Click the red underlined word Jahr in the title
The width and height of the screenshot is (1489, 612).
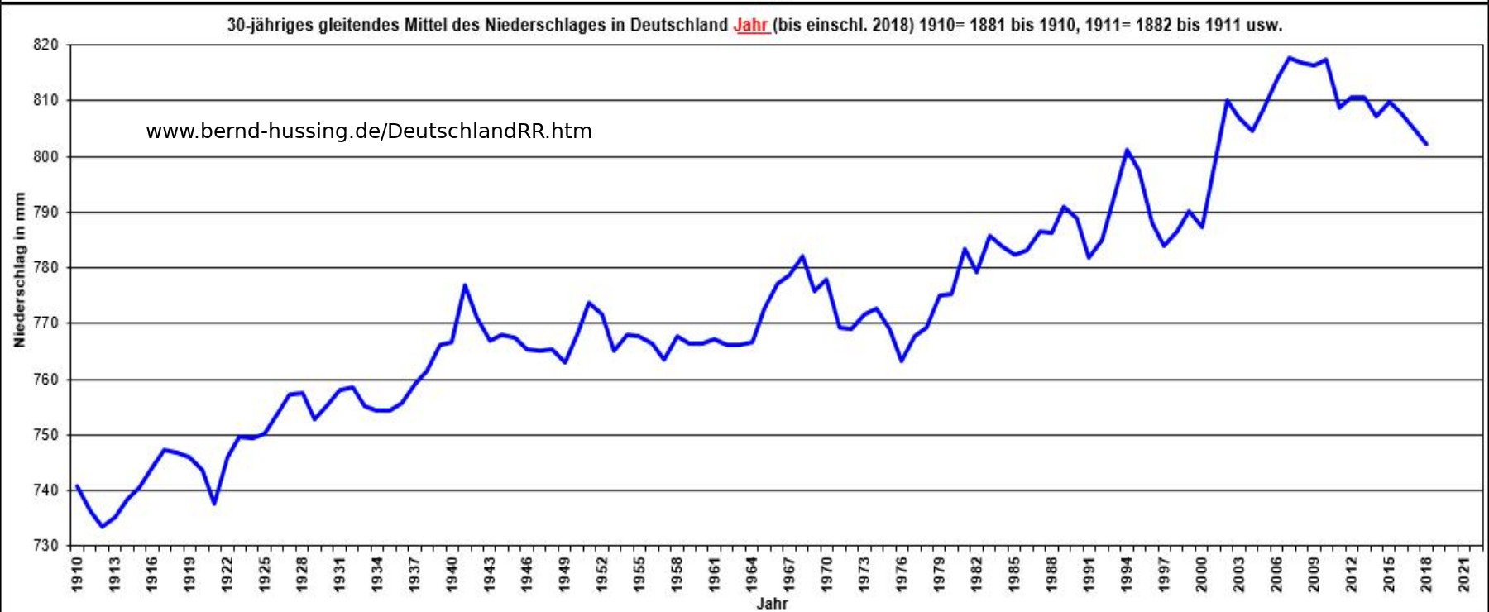751,25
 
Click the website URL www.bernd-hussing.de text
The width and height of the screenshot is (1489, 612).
368,131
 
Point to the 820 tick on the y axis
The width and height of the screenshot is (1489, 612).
46,45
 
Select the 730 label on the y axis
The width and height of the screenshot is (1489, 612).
46,546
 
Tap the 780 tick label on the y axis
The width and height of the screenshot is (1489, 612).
46,268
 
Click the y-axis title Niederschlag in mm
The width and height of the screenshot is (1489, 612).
19,270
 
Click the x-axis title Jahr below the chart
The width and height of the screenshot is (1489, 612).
772,603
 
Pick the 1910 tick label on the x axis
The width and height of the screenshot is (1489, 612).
77,573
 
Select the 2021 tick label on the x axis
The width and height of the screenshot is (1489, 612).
1464,573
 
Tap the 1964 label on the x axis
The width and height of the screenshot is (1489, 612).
752,573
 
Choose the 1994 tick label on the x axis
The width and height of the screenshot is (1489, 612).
1127,573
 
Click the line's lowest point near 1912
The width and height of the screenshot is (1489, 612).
102,527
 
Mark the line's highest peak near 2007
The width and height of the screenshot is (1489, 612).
1289,58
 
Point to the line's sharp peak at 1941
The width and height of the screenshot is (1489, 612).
465,285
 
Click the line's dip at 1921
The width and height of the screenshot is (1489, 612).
214,504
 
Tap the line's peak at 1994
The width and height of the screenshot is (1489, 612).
1127,150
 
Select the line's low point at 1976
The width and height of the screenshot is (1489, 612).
902,361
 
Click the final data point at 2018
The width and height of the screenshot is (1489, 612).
1426,144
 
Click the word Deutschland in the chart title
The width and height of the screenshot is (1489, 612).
678,25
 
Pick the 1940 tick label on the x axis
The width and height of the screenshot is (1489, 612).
452,573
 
